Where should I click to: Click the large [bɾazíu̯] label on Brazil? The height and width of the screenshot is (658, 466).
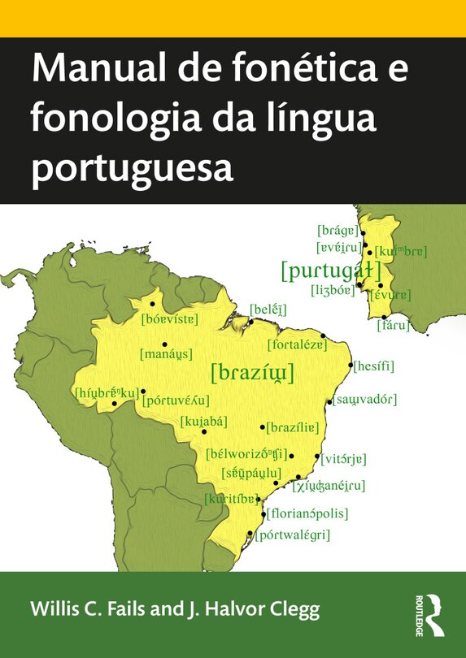click(252, 373)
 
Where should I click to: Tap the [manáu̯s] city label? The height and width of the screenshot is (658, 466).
click(166, 355)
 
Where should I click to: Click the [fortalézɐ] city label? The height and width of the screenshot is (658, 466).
click(298, 344)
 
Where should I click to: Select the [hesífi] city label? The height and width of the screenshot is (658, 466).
click(375, 366)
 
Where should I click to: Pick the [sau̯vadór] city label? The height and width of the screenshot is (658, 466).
click(364, 399)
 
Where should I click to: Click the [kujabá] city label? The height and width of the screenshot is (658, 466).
click(203, 420)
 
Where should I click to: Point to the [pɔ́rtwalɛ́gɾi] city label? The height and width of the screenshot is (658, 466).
click(293, 535)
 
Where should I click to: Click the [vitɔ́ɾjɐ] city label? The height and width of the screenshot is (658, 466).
click(346, 458)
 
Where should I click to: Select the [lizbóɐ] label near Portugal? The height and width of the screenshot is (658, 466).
click(333, 288)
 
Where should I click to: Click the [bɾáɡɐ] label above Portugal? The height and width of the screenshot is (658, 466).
click(338, 230)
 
